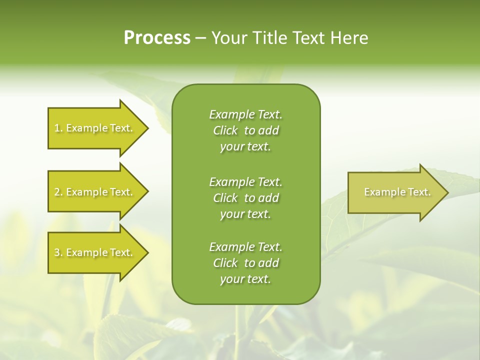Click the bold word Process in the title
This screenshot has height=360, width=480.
click(x=157, y=38)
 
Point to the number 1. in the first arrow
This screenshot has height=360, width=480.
click(x=58, y=128)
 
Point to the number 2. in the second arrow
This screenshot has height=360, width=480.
click(x=58, y=192)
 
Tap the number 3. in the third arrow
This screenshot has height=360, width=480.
click(x=58, y=252)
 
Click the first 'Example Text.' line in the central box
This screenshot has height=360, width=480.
click(x=246, y=114)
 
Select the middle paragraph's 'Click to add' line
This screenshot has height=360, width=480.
click(x=246, y=198)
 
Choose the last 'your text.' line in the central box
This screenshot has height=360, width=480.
click(x=246, y=279)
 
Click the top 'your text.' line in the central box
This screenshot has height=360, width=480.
click(x=246, y=146)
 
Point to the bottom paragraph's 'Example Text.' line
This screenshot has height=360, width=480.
click(x=246, y=247)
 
